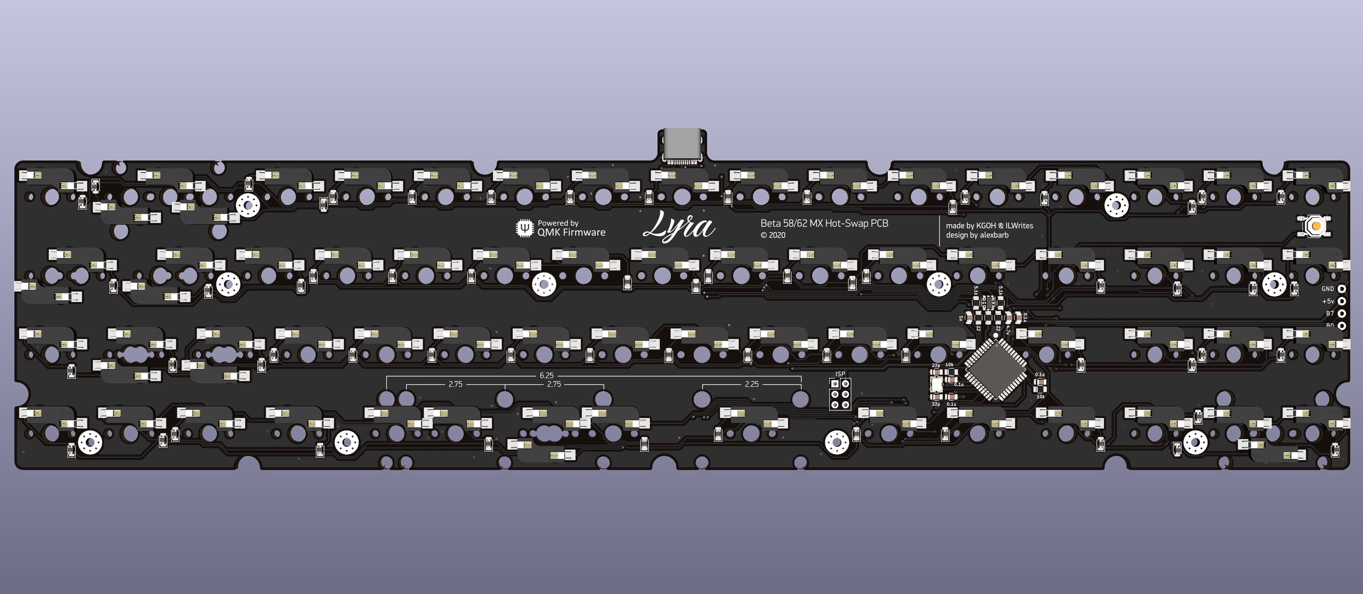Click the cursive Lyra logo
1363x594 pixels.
point(679,227)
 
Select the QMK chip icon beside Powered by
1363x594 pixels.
point(524,228)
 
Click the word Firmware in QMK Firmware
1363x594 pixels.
point(584,232)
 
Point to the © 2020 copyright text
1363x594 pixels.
point(773,236)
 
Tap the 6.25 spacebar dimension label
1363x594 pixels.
point(547,376)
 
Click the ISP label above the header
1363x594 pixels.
point(840,374)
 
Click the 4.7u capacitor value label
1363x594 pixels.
point(1008,328)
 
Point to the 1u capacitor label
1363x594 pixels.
point(960,318)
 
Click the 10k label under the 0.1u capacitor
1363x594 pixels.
point(1040,396)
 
